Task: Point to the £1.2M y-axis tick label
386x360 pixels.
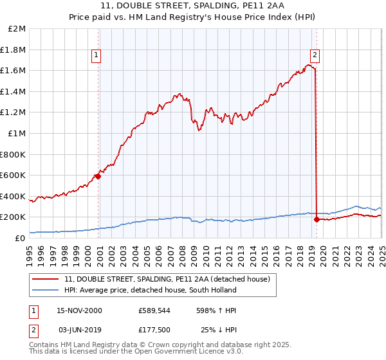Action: [14, 113]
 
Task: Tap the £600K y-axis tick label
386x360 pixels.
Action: [14, 175]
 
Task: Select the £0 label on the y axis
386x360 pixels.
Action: [20, 238]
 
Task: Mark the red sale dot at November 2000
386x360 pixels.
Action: [98, 176]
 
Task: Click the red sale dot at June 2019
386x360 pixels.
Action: [317, 219]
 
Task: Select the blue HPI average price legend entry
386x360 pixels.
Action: [151, 290]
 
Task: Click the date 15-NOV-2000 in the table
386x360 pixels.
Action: [79, 310]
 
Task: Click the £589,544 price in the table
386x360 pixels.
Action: [153, 310]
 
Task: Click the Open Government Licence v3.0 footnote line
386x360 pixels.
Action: [136, 353]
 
